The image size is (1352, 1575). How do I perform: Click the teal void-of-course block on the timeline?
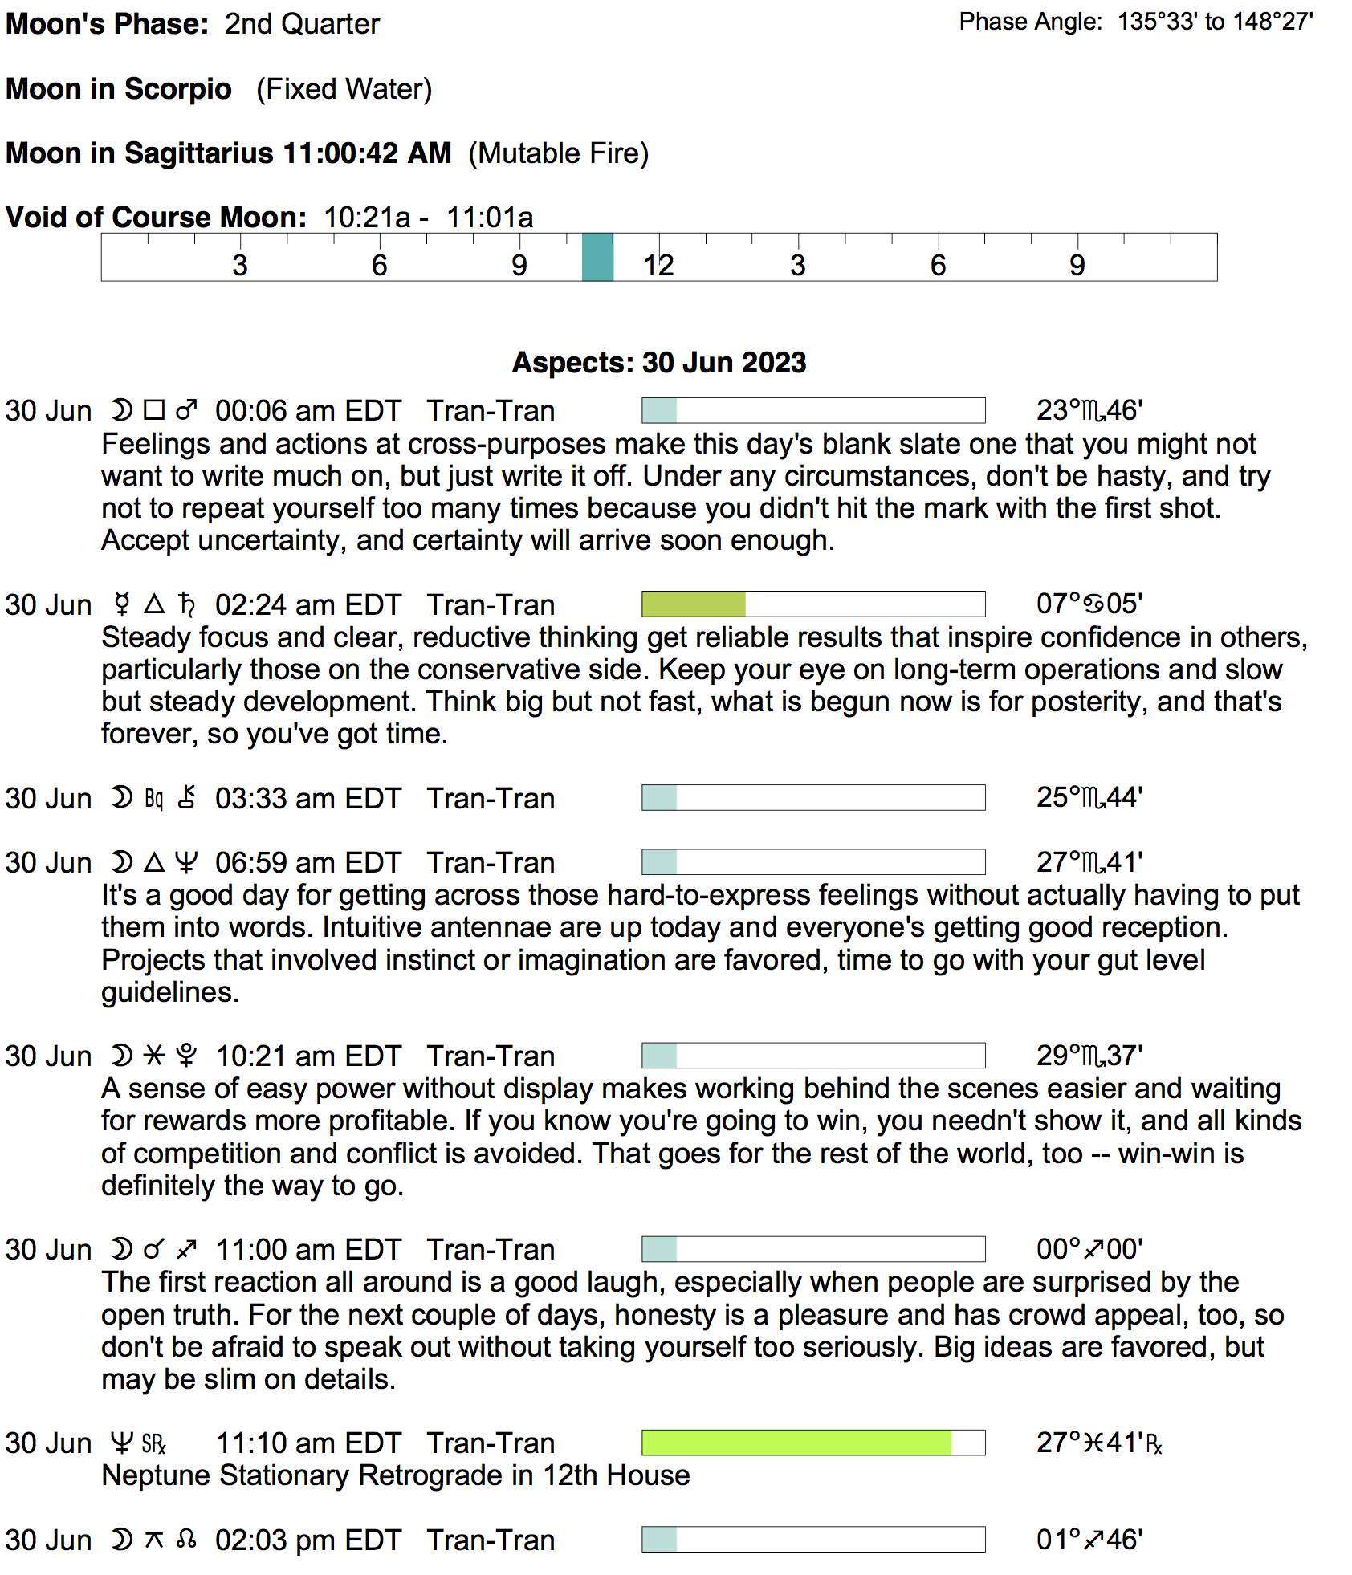click(x=597, y=257)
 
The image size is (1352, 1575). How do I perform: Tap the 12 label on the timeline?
click(x=658, y=265)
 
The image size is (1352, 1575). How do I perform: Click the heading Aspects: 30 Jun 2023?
click(x=658, y=363)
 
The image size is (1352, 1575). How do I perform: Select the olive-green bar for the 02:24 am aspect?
click(x=694, y=604)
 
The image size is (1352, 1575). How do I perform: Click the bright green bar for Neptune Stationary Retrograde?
click(x=796, y=1443)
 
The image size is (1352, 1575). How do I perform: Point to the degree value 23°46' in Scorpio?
click(x=1089, y=411)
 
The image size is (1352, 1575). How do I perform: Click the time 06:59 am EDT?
click(x=307, y=863)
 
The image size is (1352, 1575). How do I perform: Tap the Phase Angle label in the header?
click(x=1030, y=22)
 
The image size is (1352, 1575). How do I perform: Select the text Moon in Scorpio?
click(x=119, y=89)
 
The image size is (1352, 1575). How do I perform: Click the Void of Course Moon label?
click(x=156, y=218)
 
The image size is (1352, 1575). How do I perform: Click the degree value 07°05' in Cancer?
click(x=1089, y=604)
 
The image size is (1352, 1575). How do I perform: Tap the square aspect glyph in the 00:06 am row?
click(x=153, y=411)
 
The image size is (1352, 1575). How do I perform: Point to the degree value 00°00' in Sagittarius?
click(x=1089, y=1249)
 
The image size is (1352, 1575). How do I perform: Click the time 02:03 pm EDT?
click(x=307, y=1540)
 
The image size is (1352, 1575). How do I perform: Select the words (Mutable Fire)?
click(x=558, y=153)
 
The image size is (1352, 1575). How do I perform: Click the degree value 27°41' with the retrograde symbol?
click(x=1098, y=1443)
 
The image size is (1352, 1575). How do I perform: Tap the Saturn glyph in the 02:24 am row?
click(x=186, y=604)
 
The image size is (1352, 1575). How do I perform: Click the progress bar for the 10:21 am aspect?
click(x=812, y=1056)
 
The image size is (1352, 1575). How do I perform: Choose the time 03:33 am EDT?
click(x=307, y=799)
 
